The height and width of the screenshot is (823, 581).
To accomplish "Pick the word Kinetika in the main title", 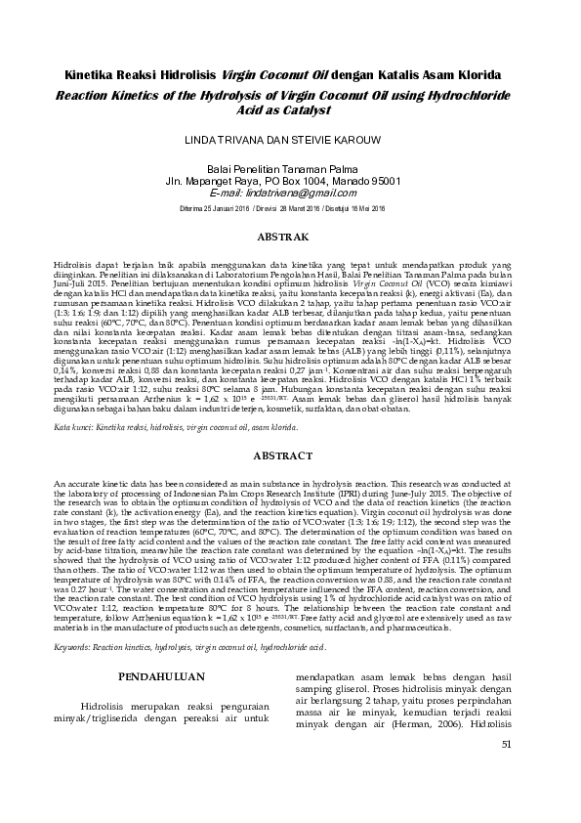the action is point(95,74).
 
